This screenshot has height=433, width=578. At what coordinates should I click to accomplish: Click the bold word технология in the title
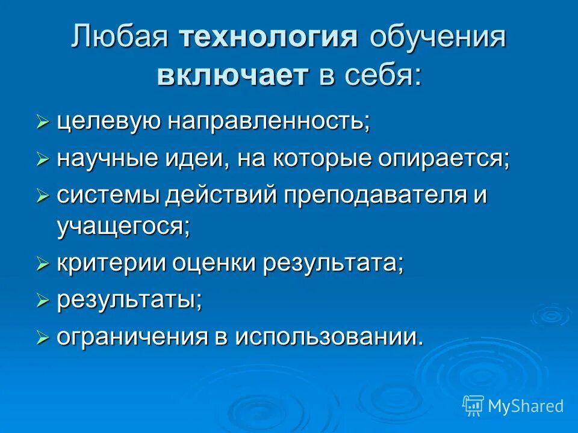[x=269, y=39]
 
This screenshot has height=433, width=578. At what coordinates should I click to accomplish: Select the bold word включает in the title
[x=233, y=76]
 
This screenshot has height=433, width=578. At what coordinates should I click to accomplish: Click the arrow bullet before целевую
[x=42, y=123]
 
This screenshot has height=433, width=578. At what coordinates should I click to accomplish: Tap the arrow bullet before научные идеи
[x=42, y=160]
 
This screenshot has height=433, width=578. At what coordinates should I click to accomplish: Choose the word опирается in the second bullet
[x=445, y=159]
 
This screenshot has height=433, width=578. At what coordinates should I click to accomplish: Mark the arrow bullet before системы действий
[x=42, y=197]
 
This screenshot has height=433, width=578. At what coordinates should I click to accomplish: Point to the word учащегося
[x=123, y=227]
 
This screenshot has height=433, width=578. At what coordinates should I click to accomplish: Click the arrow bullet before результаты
[x=42, y=301]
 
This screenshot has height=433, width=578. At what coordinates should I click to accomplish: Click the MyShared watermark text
[x=526, y=406]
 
